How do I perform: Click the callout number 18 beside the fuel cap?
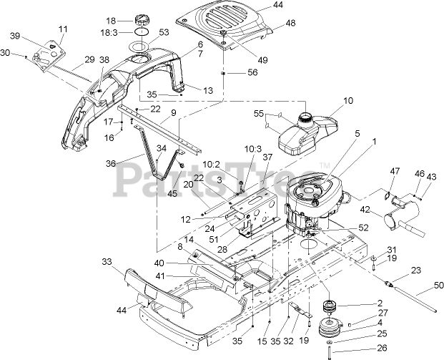(110, 20)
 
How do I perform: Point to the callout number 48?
(290, 23)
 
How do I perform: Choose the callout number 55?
(260, 113)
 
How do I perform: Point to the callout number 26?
(381, 349)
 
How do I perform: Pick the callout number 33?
(107, 263)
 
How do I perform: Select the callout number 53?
(164, 32)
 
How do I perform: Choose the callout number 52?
(362, 228)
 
